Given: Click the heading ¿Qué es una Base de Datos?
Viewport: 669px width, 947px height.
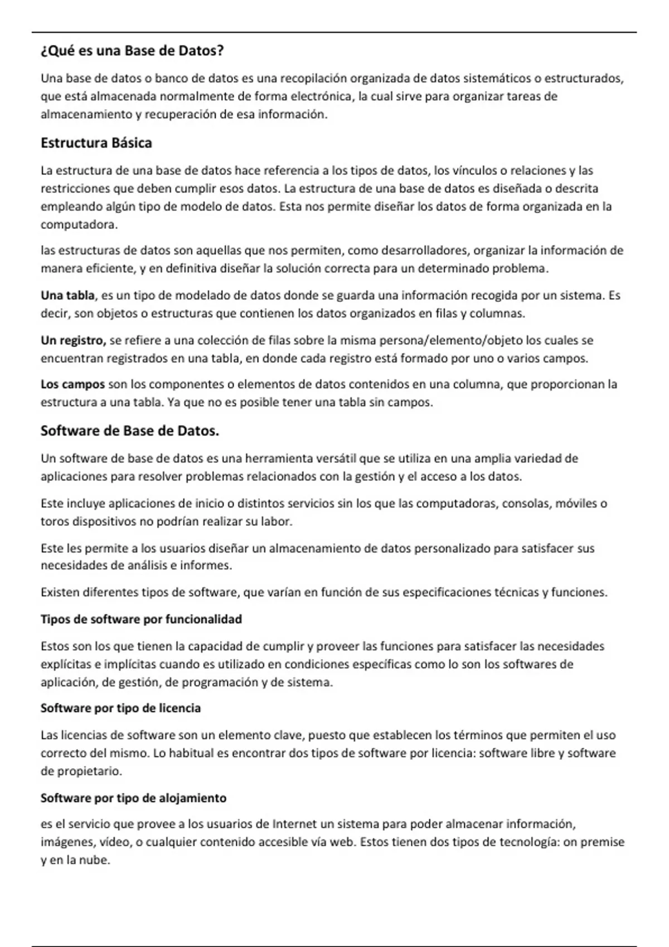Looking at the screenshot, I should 132,51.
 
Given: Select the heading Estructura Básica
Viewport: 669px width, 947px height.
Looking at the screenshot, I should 96,143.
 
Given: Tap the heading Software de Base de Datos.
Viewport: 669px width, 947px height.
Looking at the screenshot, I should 129,431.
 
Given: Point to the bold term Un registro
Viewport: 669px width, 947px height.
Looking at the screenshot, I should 73,340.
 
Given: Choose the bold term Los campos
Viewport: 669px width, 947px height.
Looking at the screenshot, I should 72,384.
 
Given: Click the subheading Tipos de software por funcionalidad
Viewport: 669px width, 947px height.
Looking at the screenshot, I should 141,619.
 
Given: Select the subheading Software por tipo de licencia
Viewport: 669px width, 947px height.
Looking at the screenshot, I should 120,709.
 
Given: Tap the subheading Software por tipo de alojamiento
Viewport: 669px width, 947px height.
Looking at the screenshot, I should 133,798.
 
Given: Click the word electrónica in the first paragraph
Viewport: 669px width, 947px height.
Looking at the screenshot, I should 324,96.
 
